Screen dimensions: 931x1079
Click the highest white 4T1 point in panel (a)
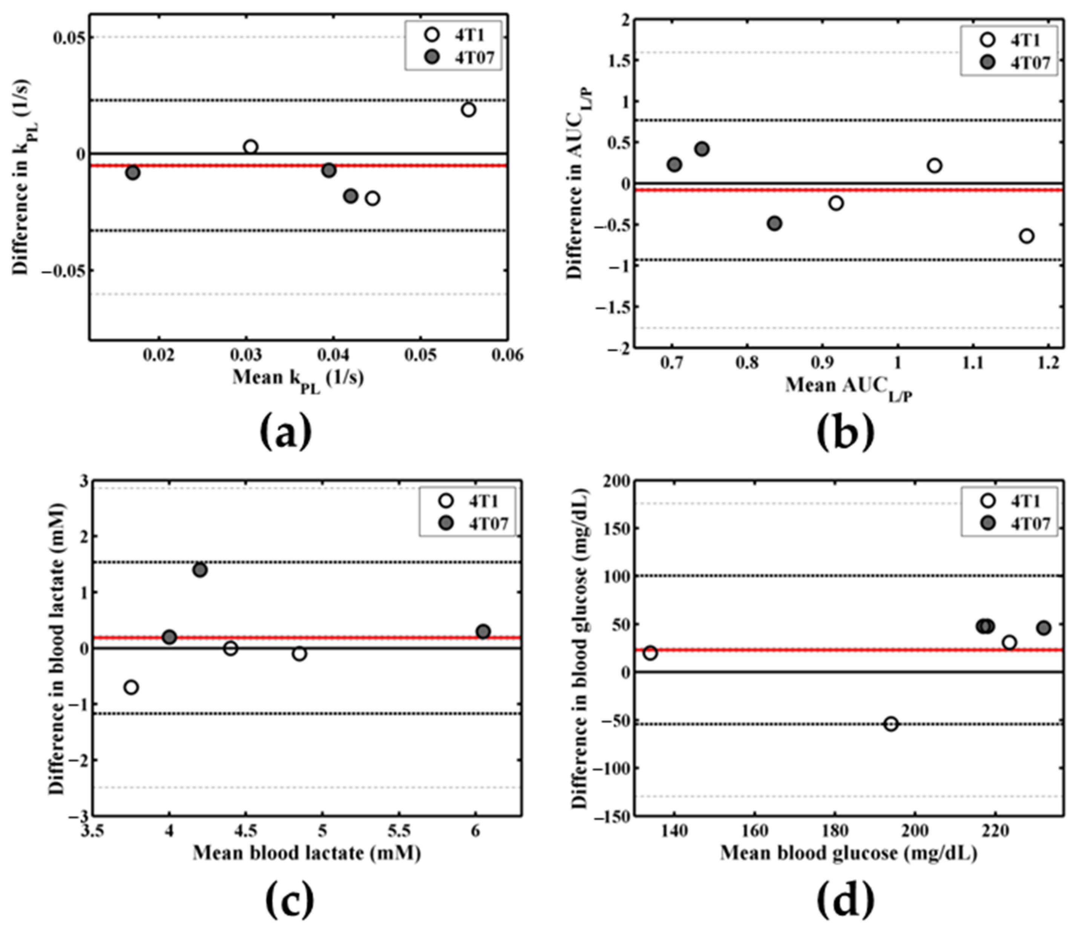468,109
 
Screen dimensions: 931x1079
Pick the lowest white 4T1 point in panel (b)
1026,236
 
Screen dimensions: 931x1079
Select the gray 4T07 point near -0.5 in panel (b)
774,224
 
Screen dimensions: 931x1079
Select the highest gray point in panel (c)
200,570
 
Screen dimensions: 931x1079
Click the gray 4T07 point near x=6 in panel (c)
483,631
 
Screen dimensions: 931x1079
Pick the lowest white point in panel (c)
131,687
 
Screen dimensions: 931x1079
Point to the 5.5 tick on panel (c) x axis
399,829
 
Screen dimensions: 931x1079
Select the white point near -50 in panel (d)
891,724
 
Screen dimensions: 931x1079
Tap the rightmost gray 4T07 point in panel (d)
1044,628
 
